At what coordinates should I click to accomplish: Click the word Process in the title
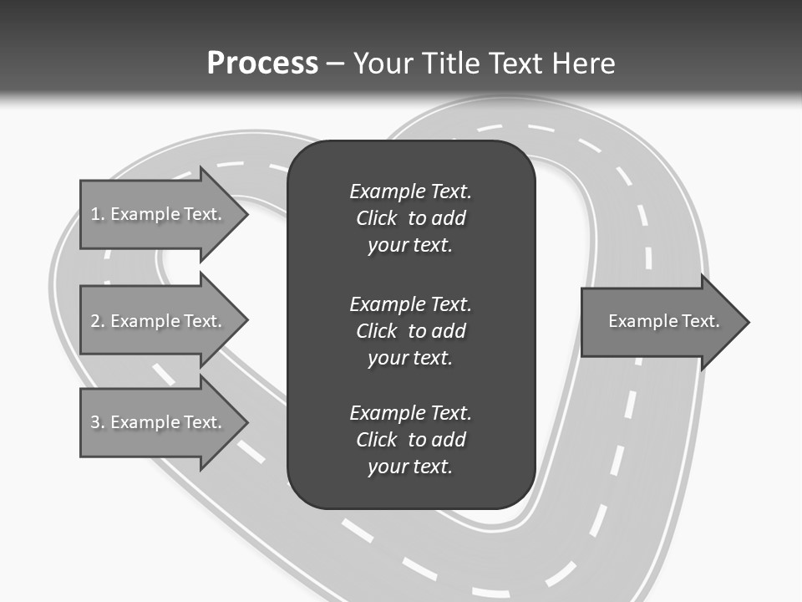pyautogui.click(x=262, y=64)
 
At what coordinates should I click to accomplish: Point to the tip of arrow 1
pyautogui.click(x=246, y=214)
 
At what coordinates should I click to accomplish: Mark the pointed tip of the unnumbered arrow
pyautogui.click(x=748, y=322)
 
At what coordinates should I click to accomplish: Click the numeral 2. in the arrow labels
pyautogui.click(x=98, y=321)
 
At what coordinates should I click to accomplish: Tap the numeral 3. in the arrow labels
pyautogui.click(x=98, y=422)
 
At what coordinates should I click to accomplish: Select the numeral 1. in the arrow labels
pyautogui.click(x=98, y=214)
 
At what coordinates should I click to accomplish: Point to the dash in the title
pyautogui.click(x=335, y=64)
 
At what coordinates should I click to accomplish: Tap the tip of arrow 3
pyautogui.click(x=246, y=422)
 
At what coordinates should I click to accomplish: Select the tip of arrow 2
pyautogui.click(x=246, y=321)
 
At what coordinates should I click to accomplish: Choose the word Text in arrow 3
pyautogui.click(x=202, y=422)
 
